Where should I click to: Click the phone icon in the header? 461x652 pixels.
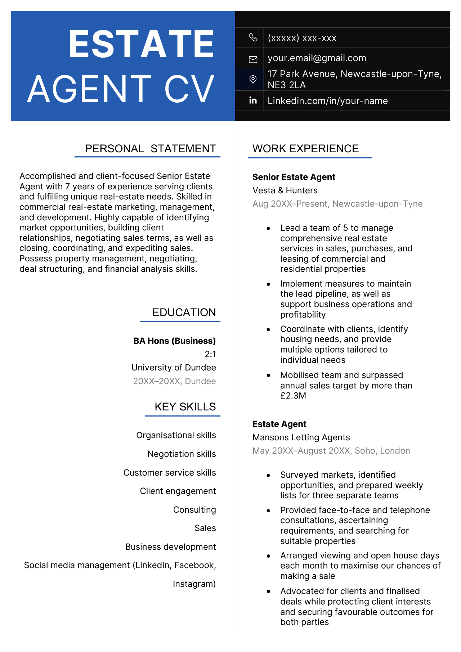(x=253, y=37)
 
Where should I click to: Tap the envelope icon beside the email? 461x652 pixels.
(x=253, y=59)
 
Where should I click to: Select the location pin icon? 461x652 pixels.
(x=253, y=79)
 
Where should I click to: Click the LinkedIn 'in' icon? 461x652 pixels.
(x=253, y=100)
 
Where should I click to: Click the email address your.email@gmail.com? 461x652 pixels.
(x=317, y=58)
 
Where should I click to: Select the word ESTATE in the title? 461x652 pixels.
(x=141, y=44)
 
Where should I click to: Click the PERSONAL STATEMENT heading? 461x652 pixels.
(x=150, y=149)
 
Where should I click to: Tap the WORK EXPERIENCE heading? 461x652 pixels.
(x=305, y=149)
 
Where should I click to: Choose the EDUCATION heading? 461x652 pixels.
(x=184, y=312)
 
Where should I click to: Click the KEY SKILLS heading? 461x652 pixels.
(x=185, y=407)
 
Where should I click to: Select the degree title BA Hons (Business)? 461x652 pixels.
(x=174, y=341)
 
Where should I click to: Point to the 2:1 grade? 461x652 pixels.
(x=210, y=354)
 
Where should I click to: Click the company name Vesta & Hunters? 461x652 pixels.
(x=285, y=190)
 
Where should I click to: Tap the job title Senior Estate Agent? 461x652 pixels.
(x=294, y=177)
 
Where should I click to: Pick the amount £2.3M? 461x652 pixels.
(x=293, y=396)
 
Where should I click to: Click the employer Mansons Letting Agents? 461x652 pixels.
(x=301, y=437)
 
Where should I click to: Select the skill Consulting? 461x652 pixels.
(x=194, y=510)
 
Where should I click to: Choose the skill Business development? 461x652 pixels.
(x=170, y=547)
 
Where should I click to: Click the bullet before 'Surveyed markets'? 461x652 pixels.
(x=268, y=476)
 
